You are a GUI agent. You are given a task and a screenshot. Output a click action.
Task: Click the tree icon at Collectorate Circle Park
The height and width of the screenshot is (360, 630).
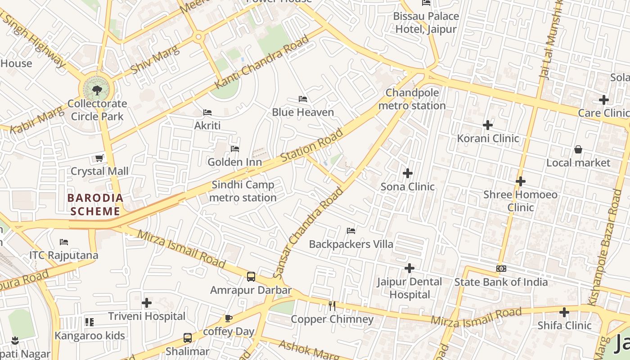tap(97, 90)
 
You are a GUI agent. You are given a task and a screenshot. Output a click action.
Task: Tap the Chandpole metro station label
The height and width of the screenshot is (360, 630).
tap(412, 99)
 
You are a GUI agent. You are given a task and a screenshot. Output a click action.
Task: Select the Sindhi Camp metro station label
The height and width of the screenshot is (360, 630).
tap(243, 191)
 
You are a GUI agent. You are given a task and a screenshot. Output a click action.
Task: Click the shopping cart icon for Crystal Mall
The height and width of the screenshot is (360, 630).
tap(99, 158)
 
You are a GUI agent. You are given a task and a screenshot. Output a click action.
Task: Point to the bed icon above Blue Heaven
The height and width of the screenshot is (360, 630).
tap(303, 99)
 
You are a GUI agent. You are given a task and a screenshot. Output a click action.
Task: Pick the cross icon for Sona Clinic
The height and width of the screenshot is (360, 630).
tap(408, 173)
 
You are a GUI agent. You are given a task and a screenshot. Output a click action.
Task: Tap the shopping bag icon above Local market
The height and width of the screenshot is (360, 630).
tap(578, 149)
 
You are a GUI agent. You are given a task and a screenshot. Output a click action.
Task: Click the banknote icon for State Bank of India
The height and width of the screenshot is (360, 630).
tap(501, 269)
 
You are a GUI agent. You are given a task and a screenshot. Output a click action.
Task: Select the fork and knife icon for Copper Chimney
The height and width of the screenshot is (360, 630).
tap(332, 306)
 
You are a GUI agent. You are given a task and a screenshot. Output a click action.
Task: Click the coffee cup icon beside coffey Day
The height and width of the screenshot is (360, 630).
tap(229, 319)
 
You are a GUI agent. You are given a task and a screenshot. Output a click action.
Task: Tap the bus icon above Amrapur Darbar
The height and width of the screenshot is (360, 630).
tap(251, 276)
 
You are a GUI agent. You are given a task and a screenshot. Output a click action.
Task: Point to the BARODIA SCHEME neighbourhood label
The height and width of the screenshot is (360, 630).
tap(95, 204)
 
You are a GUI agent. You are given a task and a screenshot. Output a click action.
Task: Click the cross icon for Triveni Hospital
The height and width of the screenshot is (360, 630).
tap(147, 303)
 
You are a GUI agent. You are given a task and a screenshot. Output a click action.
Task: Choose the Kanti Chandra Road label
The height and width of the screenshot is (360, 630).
tap(262, 62)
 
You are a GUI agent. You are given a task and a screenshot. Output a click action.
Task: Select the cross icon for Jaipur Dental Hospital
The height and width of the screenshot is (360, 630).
tap(409, 268)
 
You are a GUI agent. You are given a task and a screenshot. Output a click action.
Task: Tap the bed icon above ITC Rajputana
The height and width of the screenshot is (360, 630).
tap(64, 242)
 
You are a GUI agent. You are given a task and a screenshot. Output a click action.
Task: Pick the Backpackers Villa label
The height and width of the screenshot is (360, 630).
tap(351, 244)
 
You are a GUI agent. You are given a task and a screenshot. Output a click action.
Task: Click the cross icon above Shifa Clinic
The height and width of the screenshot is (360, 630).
tap(564, 312)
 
